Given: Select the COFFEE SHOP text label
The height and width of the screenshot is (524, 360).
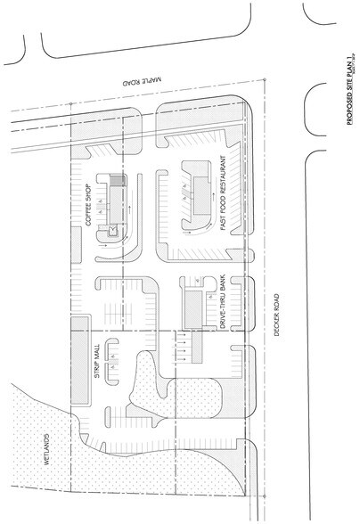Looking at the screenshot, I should click(x=92, y=204).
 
